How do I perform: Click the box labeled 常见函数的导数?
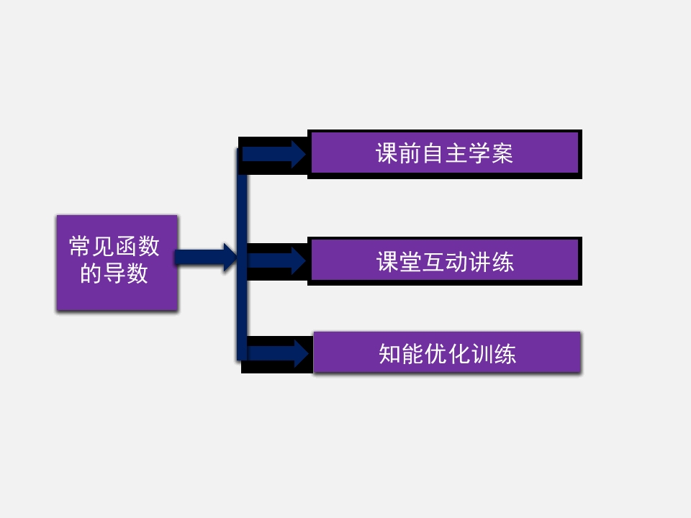click(x=117, y=263)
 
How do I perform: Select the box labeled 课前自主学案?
click(x=444, y=153)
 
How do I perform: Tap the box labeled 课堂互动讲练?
click(x=444, y=260)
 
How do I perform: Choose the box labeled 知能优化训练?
click(x=447, y=353)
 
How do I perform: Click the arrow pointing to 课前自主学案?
click(x=274, y=154)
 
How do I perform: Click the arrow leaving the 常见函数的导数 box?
click(x=206, y=258)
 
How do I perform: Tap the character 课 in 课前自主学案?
click(x=387, y=154)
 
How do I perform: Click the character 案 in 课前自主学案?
click(x=502, y=154)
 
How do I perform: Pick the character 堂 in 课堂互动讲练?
click(x=411, y=261)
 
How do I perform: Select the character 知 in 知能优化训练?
click(x=390, y=354)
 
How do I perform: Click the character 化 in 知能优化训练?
click(x=459, y=354)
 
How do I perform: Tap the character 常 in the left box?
click(x=80, y=247)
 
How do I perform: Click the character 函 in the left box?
click(x=126, y=247)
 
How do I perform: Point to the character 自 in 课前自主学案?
click(x=433, y=154)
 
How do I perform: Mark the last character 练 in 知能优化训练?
click(x=505, y=354)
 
